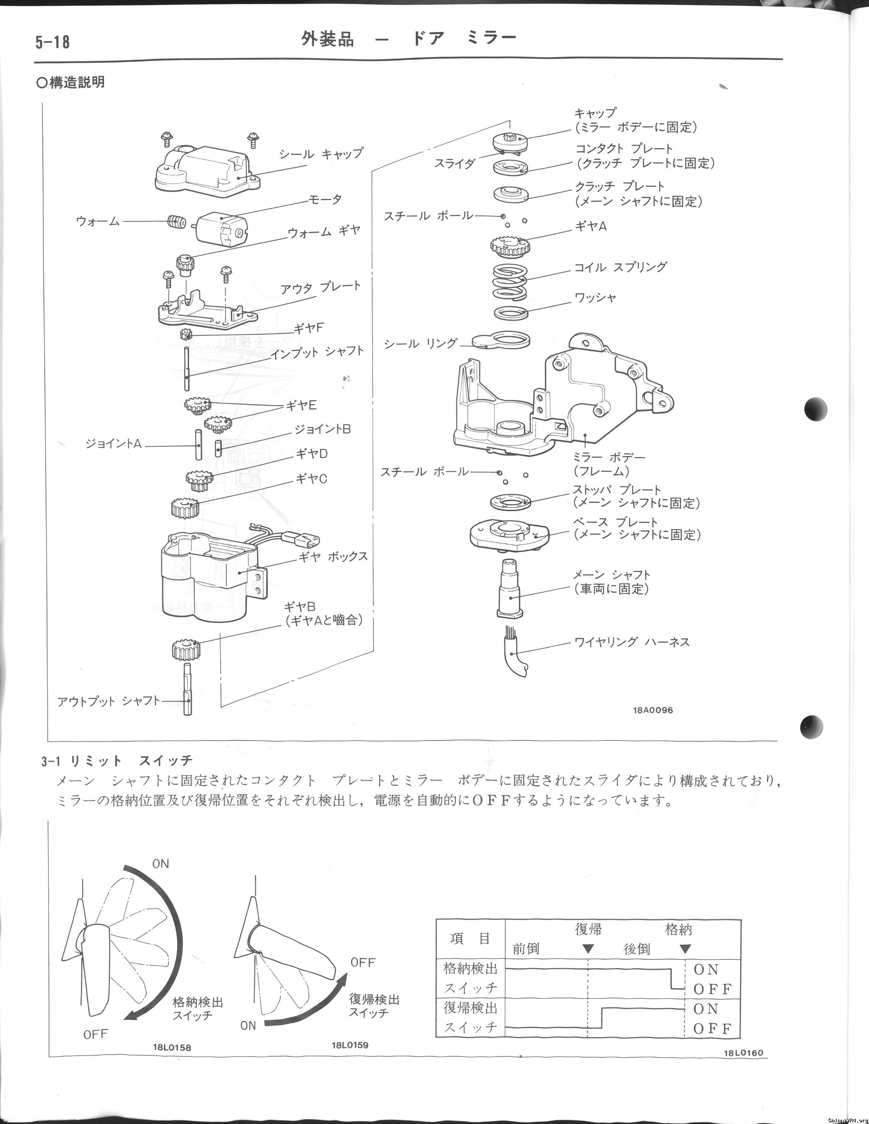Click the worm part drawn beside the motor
176,222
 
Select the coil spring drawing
509,281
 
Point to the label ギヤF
309,328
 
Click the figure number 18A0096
653,710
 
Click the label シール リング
421,343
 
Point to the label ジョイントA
113,444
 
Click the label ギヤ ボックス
334,557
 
